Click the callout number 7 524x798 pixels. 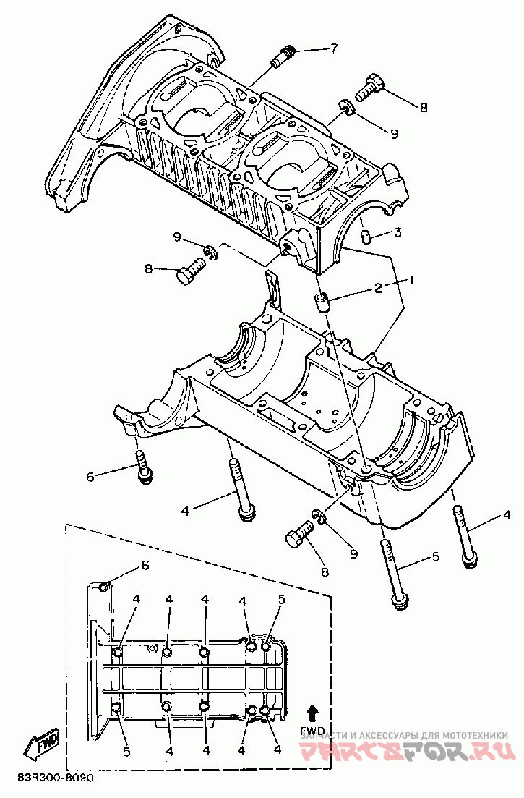point(333,49)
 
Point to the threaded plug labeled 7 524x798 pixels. point(282,56)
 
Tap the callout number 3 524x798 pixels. point(398,232)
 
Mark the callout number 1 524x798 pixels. point(412,279)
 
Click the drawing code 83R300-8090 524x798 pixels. point(55,781)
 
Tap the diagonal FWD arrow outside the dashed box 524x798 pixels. point(42,744)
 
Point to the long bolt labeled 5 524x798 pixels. point(394,572)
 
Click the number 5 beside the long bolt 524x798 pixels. point(435,557)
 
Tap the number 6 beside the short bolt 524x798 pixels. point(90,477)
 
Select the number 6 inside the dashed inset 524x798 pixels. point(145,566)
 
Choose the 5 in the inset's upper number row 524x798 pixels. point(282,599)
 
